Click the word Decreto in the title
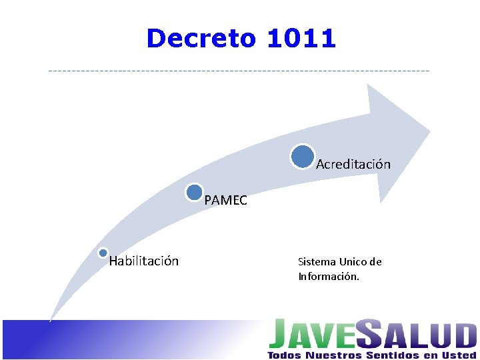coord(200,39)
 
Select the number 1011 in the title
coord(301,39)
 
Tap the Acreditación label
coord(353,164)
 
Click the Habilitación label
coord(144,261)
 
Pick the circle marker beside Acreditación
coord(302,156)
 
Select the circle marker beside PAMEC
coord(195,193)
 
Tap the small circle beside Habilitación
coord(103,253)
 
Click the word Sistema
coord(317,262)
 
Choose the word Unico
coord(353,262)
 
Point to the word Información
coord(329,276)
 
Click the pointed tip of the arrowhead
coord(429,128)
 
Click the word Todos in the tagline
coord(284,355)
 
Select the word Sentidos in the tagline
coord(391,355)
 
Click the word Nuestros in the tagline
coord(333,355)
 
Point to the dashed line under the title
coord(240,71)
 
